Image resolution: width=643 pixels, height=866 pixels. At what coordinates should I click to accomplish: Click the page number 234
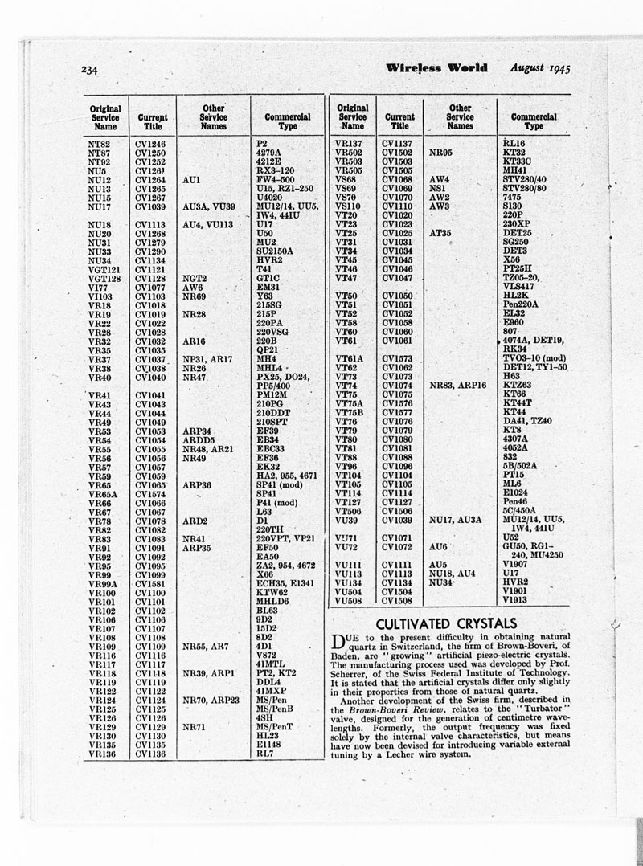pos(89,70)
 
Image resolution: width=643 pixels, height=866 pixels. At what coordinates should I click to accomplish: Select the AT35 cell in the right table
pos(443,233)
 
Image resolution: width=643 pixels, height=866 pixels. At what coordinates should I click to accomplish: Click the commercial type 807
pos(510,332)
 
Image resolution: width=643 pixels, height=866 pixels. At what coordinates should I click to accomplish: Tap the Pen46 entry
pos(515,502)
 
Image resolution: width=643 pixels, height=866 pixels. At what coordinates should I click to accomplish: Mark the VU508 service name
pos(351,599)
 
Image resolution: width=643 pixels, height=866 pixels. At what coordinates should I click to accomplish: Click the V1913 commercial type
pos(516,599)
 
